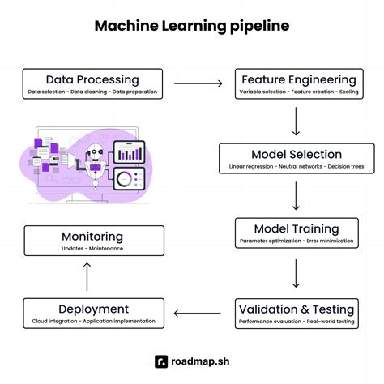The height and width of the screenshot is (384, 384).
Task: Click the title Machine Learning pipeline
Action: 191,26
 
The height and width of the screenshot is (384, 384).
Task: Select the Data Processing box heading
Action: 92,79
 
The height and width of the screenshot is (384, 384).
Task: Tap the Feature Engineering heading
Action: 297,79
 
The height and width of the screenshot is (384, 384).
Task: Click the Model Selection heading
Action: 296,154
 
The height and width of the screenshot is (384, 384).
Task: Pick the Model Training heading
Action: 296,228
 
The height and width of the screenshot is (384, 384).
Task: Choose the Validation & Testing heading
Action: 297,309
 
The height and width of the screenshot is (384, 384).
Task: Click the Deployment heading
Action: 93,309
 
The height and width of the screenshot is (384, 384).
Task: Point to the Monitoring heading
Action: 92,237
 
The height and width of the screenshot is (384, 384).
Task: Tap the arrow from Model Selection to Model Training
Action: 297,195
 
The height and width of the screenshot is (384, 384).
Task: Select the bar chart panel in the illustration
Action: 127,151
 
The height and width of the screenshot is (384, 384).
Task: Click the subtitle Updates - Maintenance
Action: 92,248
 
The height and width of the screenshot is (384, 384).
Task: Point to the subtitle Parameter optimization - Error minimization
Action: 296,241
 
